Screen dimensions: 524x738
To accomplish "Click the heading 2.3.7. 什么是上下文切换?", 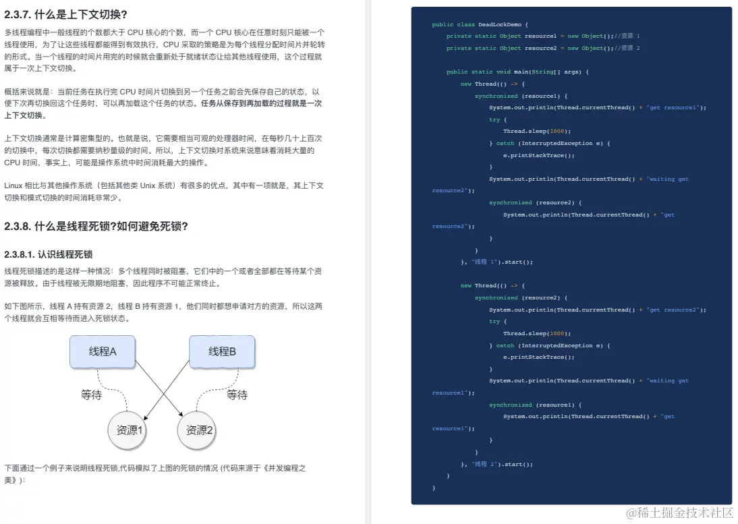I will [65, 14].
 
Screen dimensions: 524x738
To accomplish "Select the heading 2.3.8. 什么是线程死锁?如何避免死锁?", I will [96, 226].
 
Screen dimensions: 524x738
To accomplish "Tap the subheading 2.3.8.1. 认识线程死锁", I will [48, 254].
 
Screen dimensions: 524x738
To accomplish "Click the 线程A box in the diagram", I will [103, 351].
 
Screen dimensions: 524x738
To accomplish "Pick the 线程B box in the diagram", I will [222, 351].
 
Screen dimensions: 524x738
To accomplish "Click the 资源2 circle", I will [200, 430].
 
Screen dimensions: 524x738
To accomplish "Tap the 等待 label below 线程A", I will [91, 395].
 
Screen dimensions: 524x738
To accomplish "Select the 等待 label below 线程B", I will [237, 395].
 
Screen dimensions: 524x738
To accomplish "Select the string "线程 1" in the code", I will [484, 262].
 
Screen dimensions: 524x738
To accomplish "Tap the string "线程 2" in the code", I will [484, 464].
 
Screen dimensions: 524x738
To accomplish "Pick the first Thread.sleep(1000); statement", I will [537, 131].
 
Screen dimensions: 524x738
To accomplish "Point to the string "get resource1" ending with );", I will [677, 107].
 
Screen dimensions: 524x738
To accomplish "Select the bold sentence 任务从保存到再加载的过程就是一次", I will [261, 104].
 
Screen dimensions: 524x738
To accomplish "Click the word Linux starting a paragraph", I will [14, 185].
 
